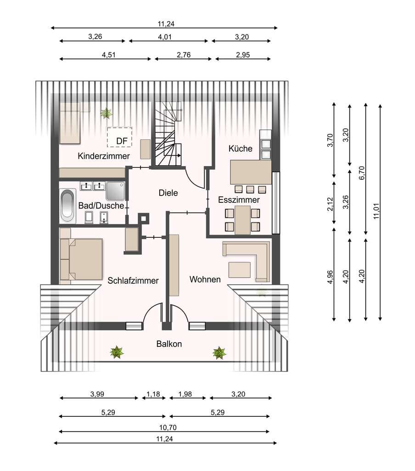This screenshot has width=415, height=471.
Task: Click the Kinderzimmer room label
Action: coord(103,156)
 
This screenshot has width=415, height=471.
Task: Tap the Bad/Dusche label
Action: coord(101,206)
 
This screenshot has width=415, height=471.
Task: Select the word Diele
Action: coord(168,193)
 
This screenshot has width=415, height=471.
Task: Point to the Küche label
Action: coord(240,149)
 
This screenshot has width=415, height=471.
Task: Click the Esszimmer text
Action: coord(239,200)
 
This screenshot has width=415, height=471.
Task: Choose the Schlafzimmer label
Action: coord(133,281)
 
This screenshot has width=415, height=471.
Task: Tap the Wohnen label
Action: coord(205,279)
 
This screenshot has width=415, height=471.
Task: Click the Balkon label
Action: coord(169,344)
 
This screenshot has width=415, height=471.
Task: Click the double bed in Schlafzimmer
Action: coord(82,259)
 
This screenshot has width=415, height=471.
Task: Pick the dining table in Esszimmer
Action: coord(242,220)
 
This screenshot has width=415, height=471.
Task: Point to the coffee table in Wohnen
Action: coord(239,270)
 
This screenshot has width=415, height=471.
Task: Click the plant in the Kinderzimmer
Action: coord(106,113)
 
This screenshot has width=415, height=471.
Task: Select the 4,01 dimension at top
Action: coord(165,37)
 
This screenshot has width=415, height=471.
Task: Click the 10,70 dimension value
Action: coord(168,427)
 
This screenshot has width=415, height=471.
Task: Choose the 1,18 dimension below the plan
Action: coord(153,394)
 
